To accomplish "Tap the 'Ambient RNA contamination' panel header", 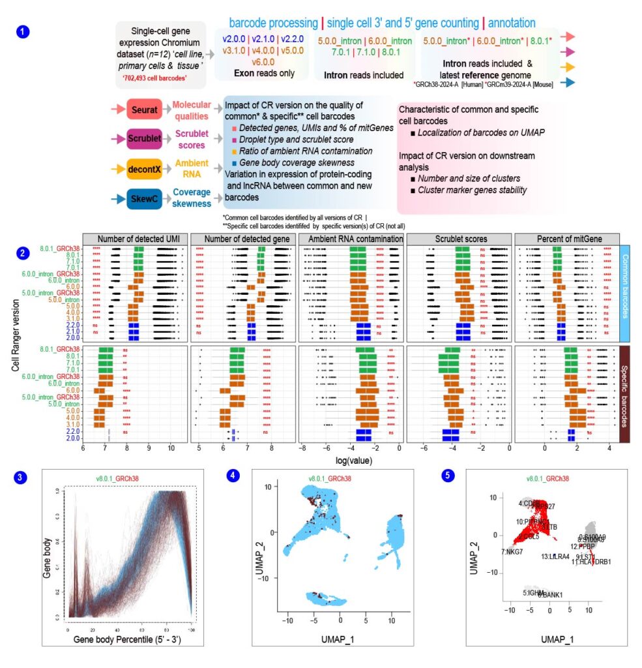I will pos(350,239).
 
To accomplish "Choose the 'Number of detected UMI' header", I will pos(135,239).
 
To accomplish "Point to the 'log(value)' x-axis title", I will pos(352,461).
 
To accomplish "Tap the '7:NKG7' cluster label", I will pos(512,552).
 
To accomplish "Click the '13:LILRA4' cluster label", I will pos(556,556).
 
